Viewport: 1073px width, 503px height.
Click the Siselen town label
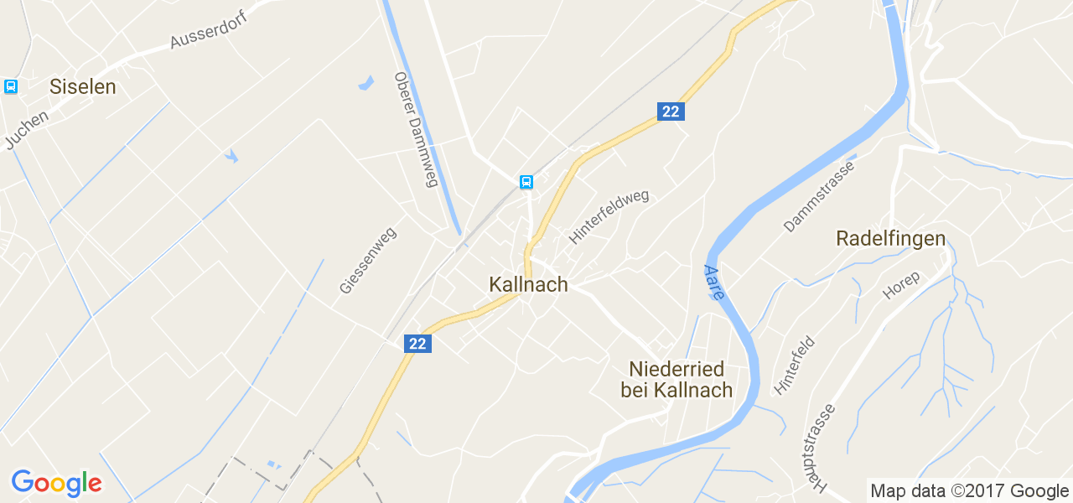[x=82, y=86]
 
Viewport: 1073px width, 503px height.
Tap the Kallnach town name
[x=528, y=285]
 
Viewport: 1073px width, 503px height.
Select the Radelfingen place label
[x=890, y=239]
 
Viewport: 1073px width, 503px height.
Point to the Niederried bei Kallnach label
[x=676, y=380]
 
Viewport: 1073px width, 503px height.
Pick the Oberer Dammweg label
[x=417, y=130]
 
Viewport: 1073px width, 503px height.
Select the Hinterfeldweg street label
[x=609, y=216]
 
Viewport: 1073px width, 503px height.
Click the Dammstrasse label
[x=818, y=196]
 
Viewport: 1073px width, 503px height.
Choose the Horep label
[x=901, y=286]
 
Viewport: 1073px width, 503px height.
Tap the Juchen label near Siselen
[x=27, y=130]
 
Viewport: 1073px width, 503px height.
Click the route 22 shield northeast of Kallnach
[x=671, y=111]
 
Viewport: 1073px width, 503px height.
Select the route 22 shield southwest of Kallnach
[x=417, y=343]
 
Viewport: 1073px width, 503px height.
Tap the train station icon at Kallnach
[x=526, y=181]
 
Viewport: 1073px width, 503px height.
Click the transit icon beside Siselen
[x=11, y=86]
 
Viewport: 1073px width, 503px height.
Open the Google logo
[x=56, y=483]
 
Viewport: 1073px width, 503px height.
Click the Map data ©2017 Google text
[x=969, y=491]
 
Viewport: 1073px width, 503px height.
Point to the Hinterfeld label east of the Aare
[x=795, y=366]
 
